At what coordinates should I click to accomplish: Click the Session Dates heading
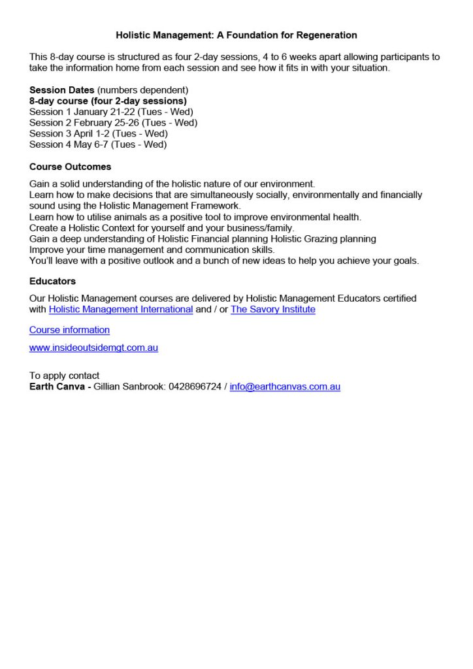(x=61, y=90)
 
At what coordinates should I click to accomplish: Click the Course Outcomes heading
(x=70, y=167)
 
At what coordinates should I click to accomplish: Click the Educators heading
(x=52, y=281)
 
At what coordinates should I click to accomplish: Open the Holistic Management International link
(x=120, y=310)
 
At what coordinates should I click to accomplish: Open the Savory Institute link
(x=272, y=310)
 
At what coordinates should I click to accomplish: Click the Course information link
(x=69, y=330)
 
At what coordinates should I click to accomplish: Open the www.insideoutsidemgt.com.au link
(x=93, y=348)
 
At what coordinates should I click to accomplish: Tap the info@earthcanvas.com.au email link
(x=285, y=387)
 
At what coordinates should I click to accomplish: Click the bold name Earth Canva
(x=57, y=387)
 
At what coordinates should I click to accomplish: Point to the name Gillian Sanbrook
(x=129, y=387)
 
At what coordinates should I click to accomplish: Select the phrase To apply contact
(x=64, y=376)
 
